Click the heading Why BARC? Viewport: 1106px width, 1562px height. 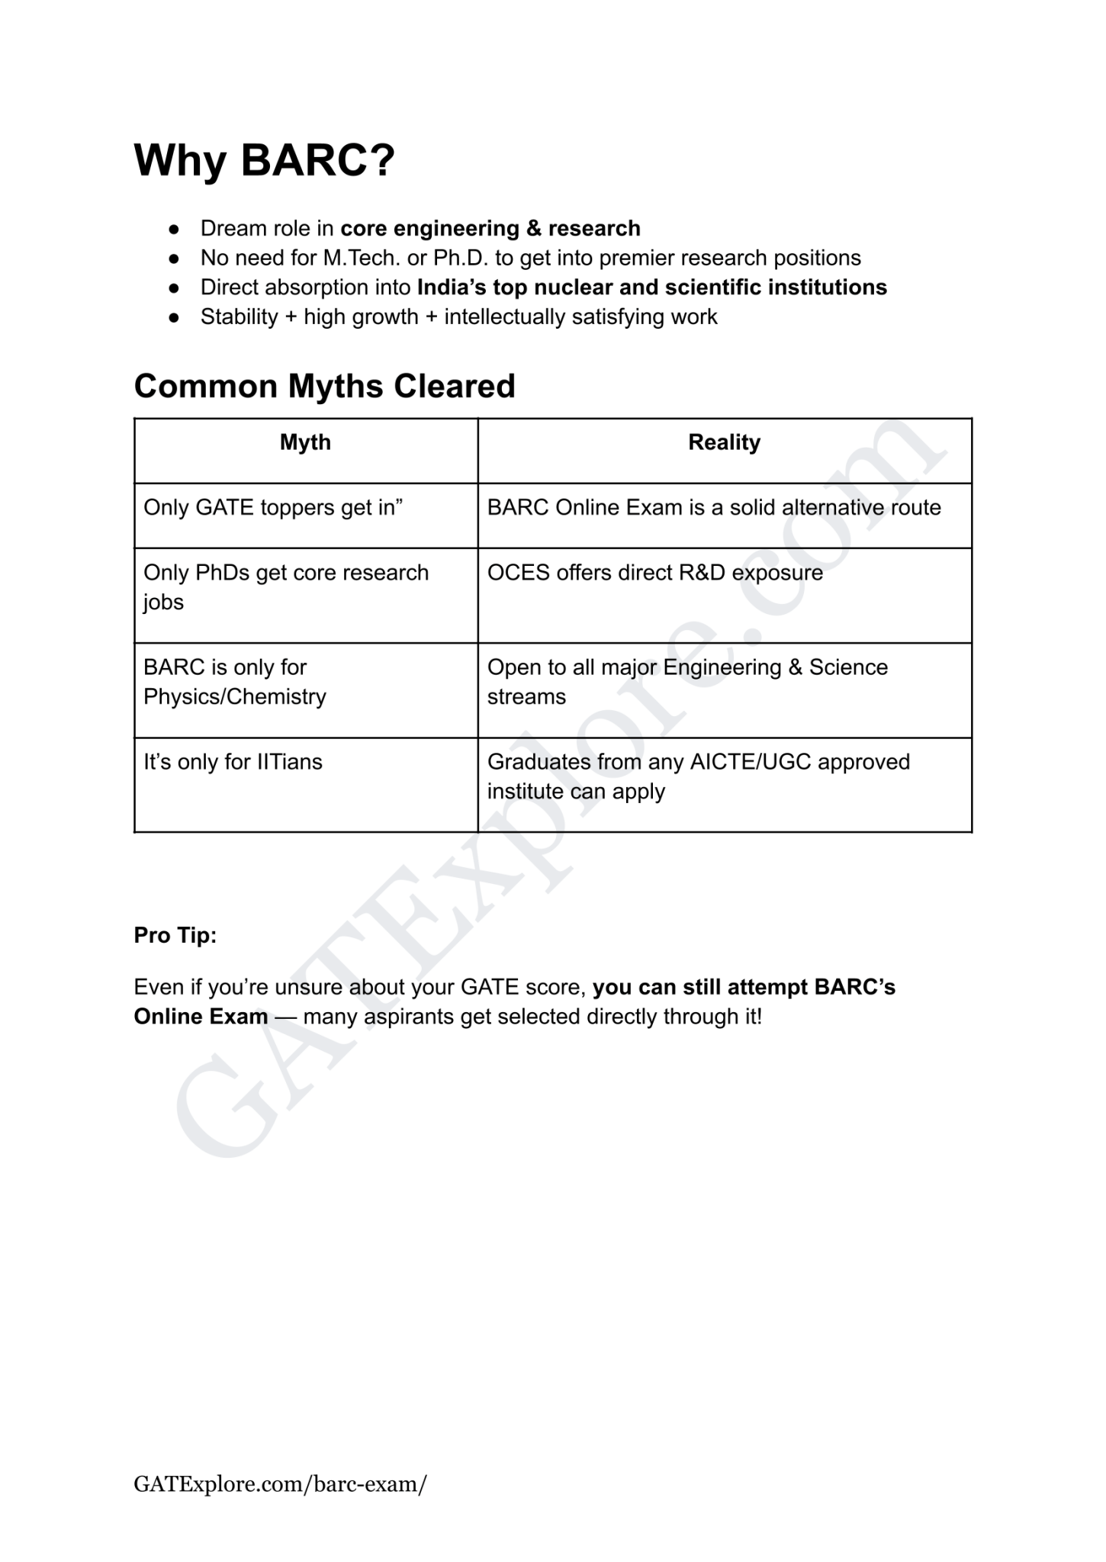[264, 160]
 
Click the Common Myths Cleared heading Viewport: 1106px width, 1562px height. [324, 386]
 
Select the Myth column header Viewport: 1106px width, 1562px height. [305, 442]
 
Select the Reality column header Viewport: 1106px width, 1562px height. [724, 442]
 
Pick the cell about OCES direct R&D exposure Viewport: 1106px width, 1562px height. [654, 573]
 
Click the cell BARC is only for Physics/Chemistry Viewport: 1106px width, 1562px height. [234, 682]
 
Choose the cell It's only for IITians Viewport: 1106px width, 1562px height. [233, 762]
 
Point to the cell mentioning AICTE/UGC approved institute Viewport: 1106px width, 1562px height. [698, 776]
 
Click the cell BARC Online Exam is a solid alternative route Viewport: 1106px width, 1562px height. [713, 508]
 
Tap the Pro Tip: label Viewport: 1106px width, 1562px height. [175, 935]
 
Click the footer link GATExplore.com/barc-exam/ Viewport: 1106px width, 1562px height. [280, 1484]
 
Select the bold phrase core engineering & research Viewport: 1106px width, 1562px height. [490, 229]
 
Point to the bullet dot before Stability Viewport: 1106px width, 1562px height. [174, 317]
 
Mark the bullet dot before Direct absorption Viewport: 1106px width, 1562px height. [174, 288]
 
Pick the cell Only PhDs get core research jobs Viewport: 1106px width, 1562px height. [286, 587]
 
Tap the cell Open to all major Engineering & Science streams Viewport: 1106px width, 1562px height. [686, 682]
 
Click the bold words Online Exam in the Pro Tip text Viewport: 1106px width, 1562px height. [201, 1017]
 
